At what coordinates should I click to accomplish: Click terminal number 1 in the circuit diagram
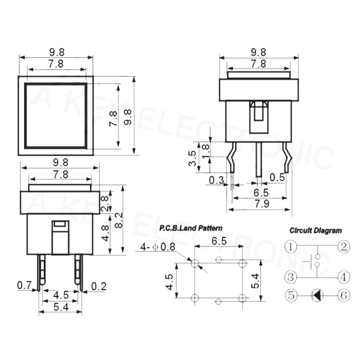pyautogui.click(x=292, y=247)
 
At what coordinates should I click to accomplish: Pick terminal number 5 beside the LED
pyautogui.click(x=292, y=295)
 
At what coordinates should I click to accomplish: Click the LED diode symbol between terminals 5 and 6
pyautogui.click(x=317, y=295)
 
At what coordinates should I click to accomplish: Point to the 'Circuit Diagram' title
pyautogui.click(x=315, y=230)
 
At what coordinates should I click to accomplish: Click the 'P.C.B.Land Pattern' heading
pyautogui.click(x=190, y=229)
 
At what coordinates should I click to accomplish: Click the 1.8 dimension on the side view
pyautogui.click(x=206, y=150)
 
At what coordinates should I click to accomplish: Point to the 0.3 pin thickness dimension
pyautogui.click(x=216, y=180)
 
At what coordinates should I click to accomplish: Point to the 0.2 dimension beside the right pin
pyautogui.click(x=98, y=285)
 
